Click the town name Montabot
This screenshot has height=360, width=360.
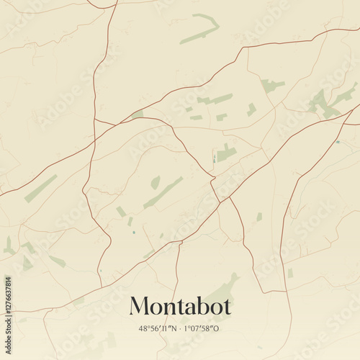point(180,306)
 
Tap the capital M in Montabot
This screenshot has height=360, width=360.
point(139,306)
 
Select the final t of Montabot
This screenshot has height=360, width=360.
point(227,307)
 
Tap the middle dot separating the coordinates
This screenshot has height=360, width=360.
point(181,328)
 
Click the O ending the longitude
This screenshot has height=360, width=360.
point(219,328)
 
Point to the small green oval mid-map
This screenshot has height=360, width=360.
point(155,183)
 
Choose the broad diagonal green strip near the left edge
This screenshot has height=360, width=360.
point(40,189)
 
